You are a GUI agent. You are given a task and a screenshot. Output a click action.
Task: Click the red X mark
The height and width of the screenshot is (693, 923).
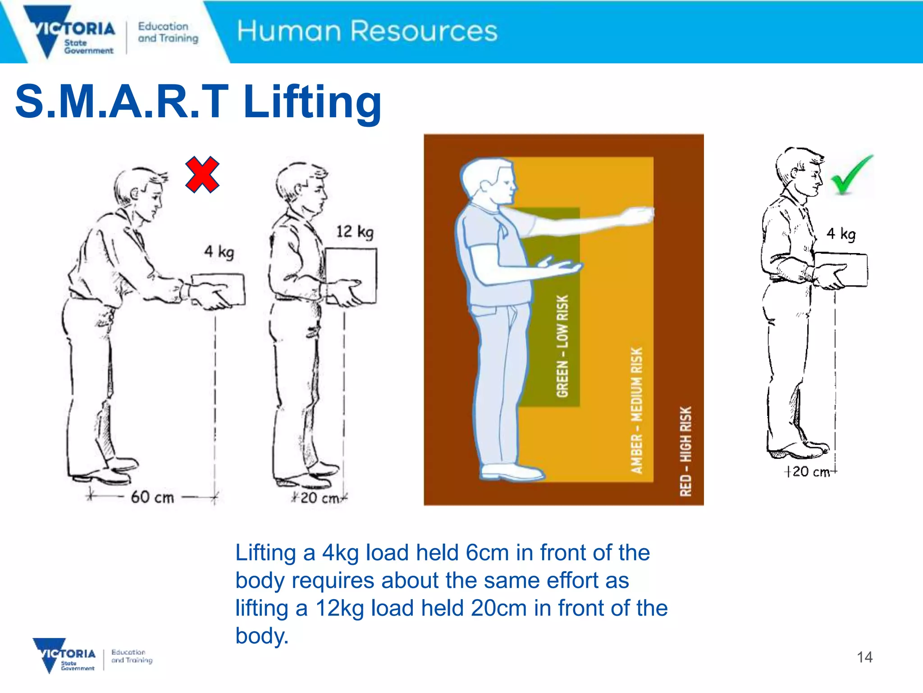coord(202,175)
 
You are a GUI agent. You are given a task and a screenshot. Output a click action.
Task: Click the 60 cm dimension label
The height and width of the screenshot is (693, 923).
coord(152,497)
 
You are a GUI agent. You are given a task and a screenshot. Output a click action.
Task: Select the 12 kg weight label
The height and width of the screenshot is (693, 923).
coord(355,232)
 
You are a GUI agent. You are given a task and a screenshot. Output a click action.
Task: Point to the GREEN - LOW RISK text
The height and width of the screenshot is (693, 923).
coord(562,346)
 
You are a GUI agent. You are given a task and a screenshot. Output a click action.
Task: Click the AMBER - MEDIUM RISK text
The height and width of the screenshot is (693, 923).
coord(636,410)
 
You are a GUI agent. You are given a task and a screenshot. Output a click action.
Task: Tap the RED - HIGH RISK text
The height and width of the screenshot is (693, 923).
coord(685,451)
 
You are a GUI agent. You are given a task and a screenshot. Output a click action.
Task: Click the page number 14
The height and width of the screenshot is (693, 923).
coord(864,657)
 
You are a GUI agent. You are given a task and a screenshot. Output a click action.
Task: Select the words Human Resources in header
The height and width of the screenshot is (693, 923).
coord(367,31)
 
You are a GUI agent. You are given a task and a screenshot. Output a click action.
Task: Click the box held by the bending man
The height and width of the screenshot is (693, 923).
coord(219,289)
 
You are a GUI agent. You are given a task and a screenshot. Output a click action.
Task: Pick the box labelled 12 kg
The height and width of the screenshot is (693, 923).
coord(351,276)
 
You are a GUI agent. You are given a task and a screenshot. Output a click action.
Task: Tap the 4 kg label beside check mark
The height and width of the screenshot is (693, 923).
coord(841,234)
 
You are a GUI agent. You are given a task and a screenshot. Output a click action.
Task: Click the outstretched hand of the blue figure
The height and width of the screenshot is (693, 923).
coord(638,216)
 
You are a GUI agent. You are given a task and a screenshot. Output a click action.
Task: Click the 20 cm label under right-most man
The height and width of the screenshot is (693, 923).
coord(810,471)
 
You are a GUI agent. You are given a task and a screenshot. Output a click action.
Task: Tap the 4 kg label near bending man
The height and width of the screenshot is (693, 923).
coord(219,251)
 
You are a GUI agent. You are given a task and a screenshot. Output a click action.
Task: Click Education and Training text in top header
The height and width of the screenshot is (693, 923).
coord(168,32)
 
